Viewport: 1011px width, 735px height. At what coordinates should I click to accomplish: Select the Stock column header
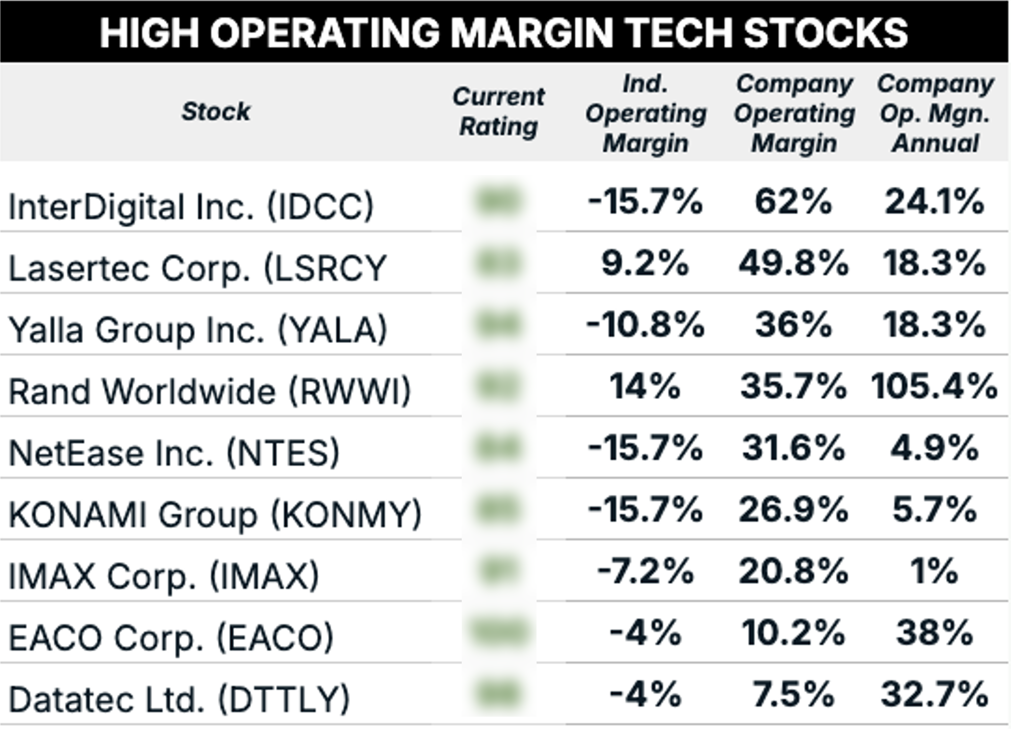click(216, 111)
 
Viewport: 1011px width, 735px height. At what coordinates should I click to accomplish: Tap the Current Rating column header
click(498, 111)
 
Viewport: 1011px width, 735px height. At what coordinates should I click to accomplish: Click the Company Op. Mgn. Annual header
click(935, 113)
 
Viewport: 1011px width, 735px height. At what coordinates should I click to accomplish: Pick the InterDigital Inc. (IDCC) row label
click(191, 206)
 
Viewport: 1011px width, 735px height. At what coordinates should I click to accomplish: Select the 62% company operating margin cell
click(793, 202)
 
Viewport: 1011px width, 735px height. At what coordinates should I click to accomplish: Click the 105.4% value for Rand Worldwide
click(934, 386)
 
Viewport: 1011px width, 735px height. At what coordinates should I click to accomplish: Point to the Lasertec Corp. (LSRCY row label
click(198, 268)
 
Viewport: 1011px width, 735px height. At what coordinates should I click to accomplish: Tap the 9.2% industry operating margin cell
click(644, 264)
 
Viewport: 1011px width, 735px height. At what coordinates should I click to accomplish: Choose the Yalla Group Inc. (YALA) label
click(198, 329)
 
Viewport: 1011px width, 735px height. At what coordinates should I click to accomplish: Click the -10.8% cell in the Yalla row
click(644, 325)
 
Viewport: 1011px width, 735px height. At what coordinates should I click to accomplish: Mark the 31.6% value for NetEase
click(793, 448)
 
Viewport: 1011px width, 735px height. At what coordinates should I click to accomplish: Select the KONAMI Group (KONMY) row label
click(215, 514)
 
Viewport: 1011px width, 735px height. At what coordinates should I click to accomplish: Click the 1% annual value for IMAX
click(934, 571)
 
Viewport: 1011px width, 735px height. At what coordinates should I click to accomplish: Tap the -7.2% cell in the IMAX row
click(644, 571)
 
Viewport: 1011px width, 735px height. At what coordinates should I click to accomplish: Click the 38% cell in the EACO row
click(934, 633)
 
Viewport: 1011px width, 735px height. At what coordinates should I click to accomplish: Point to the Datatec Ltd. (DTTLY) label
click(179, 699)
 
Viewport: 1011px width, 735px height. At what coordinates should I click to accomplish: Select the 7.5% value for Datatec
click(793, 694)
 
